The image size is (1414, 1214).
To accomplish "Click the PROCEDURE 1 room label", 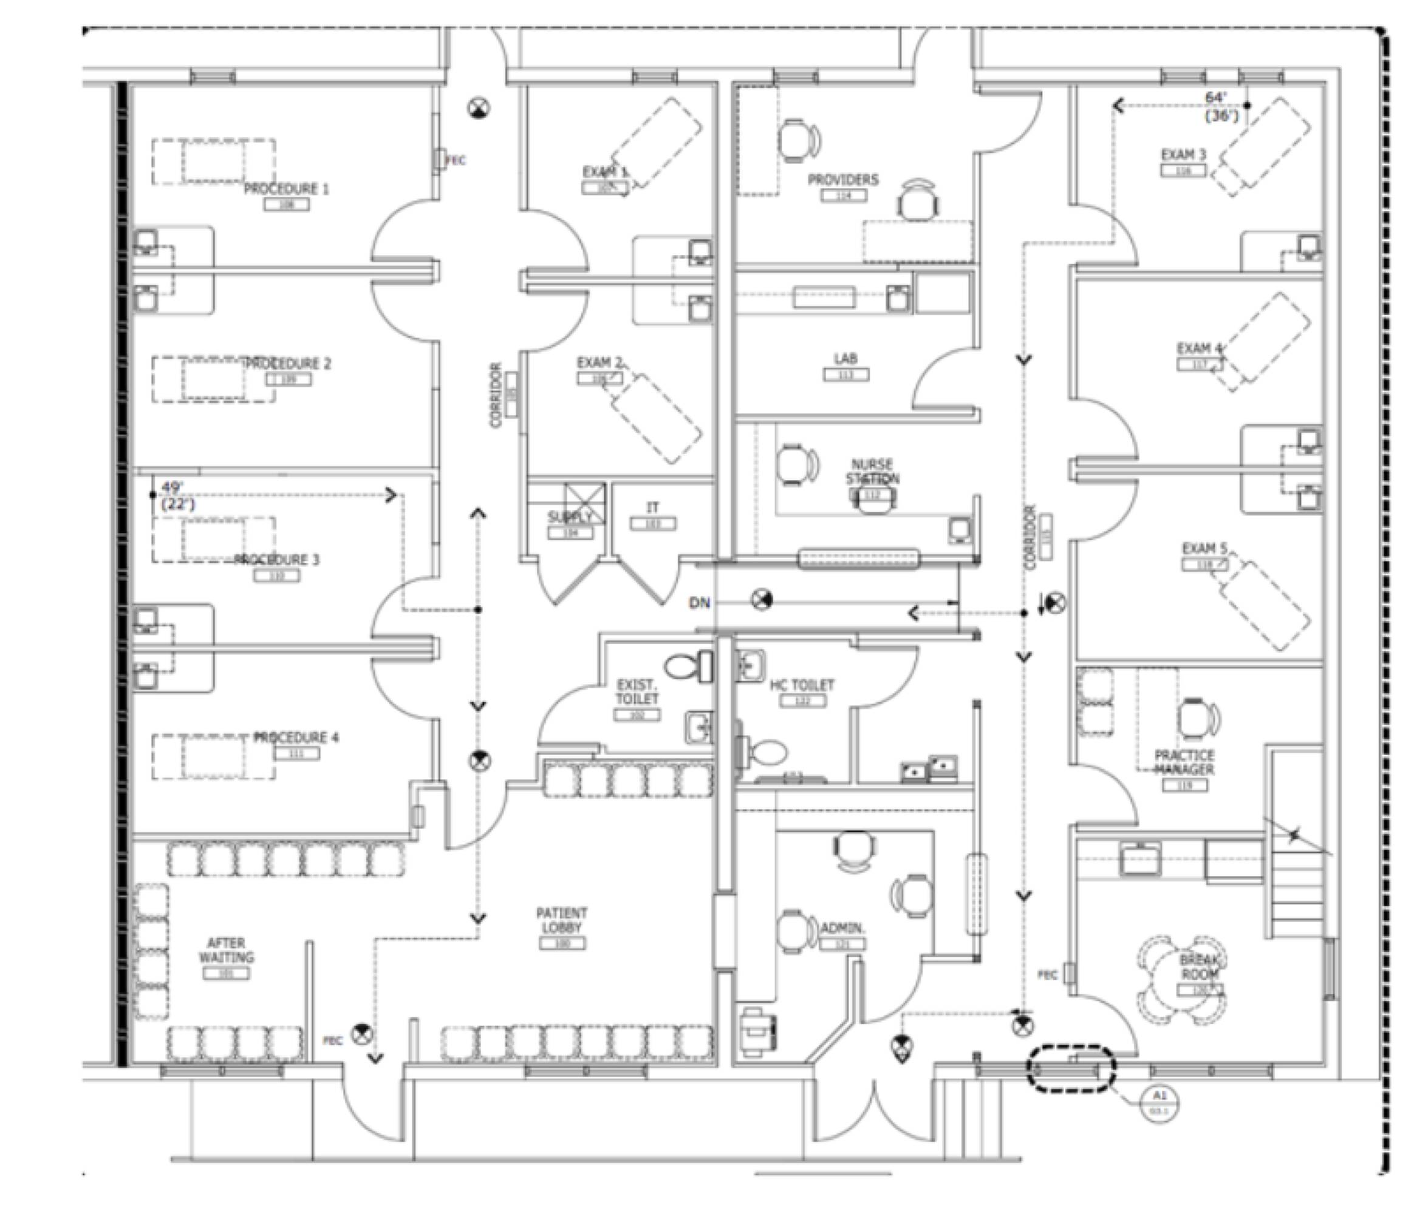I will pyautogui.click(x=286, y=189).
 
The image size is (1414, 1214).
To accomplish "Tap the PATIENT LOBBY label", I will pyautogui.click(x=562, y=920).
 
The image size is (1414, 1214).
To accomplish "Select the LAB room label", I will pyautogui.click(x=845, y=358).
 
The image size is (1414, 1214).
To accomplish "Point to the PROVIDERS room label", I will pyautogui.click(x=844, y=180).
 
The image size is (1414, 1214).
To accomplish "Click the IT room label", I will pyautogui.click(x=653, y=508).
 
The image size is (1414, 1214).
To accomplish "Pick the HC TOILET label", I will pyautogui.click(x=802, y=685).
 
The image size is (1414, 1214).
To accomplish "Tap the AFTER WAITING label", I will pyautogui.click(x=226, y=950).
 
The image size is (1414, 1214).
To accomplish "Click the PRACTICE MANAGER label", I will pyautogui.click(x=1184, y=762).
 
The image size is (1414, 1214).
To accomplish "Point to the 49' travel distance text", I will pyautogui.click(x=172, y=488).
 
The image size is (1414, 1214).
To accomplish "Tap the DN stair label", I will pyautogui.click(x=700, y=603).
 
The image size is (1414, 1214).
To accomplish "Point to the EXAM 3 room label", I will pyautogui.click(x=1184, y=155).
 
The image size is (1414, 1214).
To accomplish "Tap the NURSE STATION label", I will pyautogui.click(x=872, y=471).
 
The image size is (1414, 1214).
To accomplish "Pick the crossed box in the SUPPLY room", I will pyautogui.click(x=585, y=503).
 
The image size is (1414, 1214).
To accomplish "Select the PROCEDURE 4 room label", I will pyautogui.click(x=296, y=738).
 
